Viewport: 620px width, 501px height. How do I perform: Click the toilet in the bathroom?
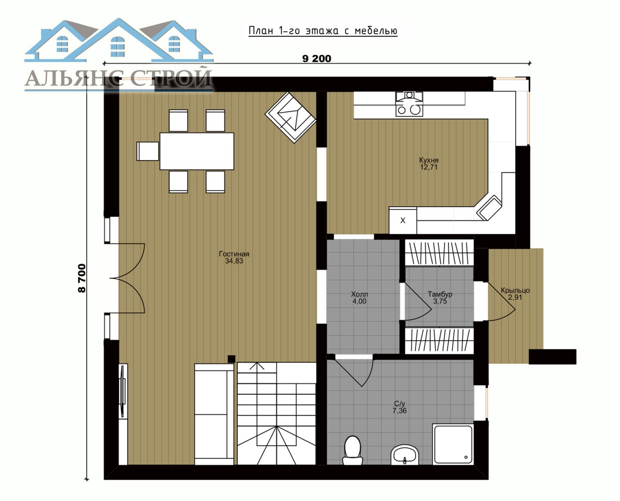352,450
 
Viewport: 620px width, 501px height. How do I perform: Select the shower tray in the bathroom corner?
453,444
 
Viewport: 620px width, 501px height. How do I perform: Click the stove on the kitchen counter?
409,104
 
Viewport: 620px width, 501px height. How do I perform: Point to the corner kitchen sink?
489,207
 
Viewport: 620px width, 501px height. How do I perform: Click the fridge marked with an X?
403,220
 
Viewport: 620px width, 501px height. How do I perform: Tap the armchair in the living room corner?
291,118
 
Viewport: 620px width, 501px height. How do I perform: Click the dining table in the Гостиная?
197,151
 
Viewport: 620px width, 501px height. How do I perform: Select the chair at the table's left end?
148,151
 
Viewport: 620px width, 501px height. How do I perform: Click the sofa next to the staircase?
214,414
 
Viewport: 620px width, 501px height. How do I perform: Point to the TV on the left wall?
123,391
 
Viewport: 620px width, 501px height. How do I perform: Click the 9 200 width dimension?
317,59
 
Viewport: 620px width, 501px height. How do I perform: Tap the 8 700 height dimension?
82,278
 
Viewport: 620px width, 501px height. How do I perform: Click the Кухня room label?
429,163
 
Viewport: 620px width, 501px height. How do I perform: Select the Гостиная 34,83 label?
234,257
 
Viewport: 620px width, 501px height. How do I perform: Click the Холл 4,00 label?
359,298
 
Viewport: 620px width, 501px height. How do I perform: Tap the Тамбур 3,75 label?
440,298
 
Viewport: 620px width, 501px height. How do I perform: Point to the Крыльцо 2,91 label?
515,294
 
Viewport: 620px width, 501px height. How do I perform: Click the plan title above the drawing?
323,31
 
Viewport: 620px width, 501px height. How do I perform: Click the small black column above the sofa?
232,359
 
